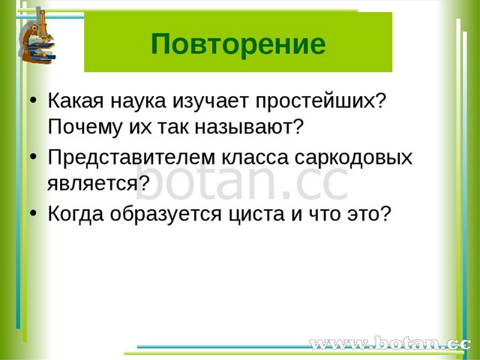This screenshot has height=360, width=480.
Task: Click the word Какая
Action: [x=76, y=100]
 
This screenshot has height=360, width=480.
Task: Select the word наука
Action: [x=138, y=100]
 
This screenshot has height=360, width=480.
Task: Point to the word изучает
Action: [x=211, y=102]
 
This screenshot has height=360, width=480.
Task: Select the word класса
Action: [x=255, y=158]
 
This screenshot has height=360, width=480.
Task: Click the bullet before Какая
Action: [x=33, y=100]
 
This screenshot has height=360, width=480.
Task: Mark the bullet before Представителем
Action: [x=33, y=157]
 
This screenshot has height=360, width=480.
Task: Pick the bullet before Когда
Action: [x=33, y=213]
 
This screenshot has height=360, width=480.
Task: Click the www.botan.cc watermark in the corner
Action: [x=390, y=343]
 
